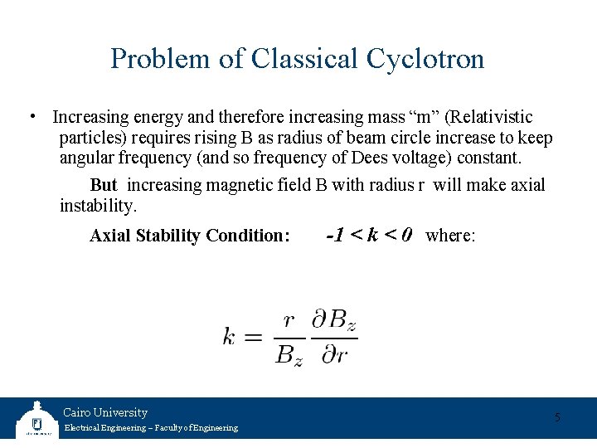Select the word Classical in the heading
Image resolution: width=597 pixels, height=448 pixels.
301,59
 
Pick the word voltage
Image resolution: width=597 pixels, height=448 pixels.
413,158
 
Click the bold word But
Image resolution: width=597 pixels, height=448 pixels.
104,185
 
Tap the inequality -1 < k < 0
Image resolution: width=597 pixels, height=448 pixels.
369,235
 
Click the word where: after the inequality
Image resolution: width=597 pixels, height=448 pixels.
450,236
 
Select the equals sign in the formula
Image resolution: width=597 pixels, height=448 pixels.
253,337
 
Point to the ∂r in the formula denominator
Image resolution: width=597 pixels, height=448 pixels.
333,356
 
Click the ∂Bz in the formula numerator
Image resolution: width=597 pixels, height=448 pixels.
334,320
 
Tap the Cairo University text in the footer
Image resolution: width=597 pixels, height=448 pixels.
105,412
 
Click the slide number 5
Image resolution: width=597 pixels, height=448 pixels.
557,416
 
